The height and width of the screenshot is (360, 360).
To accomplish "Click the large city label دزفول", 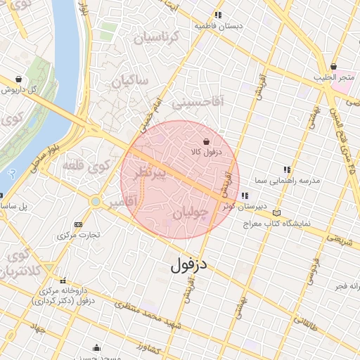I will (x=191, y=265).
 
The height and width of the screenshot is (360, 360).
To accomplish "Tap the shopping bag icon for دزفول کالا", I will (x=205, y=141).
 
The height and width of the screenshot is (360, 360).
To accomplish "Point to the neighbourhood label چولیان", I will (x=190, y=212).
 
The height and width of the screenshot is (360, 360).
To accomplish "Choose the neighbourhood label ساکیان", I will (x=130, y=81).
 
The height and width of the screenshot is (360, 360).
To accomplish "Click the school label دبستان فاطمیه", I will (x=219, y=25).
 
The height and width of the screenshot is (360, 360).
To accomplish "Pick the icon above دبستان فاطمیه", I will (x=219, y=14).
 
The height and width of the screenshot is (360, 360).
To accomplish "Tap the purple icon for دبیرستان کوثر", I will (x=245, y=195).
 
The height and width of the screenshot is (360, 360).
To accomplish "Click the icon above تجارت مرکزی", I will (x=77, y=224).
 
